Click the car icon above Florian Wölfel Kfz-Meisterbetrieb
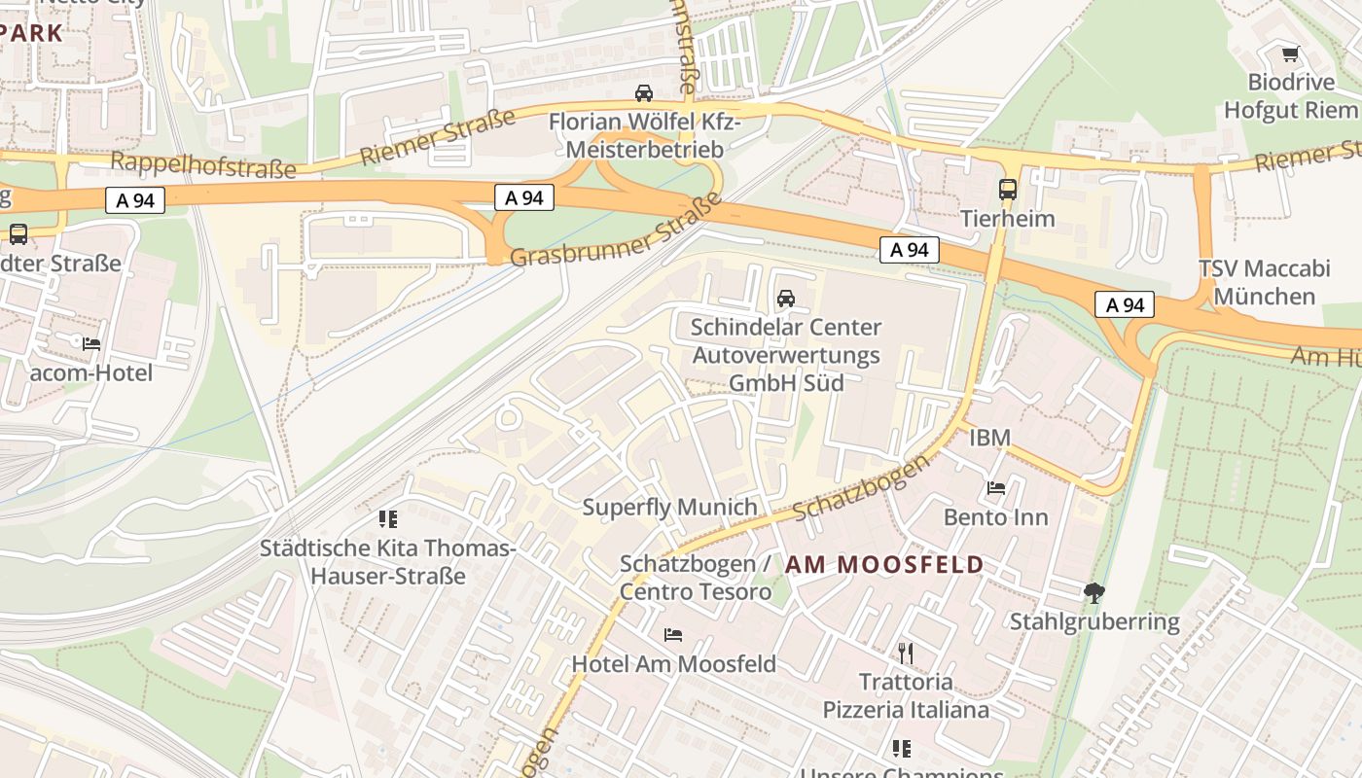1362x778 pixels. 643,93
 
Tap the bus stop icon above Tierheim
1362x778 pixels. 1008,190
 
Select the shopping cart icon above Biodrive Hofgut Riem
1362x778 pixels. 1290,54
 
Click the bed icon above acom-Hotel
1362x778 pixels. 91,344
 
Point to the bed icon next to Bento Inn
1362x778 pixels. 996,488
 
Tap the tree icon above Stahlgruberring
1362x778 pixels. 1094,592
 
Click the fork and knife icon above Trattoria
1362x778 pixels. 906,653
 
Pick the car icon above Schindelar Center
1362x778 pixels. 786,299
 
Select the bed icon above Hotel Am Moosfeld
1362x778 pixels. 673,635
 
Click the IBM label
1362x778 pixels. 989,438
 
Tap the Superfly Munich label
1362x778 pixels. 669,507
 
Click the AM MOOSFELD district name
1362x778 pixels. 884,564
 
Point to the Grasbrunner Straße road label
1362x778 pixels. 616,231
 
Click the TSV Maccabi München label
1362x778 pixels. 1264,282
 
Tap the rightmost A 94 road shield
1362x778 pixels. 1126,304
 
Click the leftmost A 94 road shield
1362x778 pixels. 135,200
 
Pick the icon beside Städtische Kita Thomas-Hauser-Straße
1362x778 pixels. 388,519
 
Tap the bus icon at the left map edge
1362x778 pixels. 18,233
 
